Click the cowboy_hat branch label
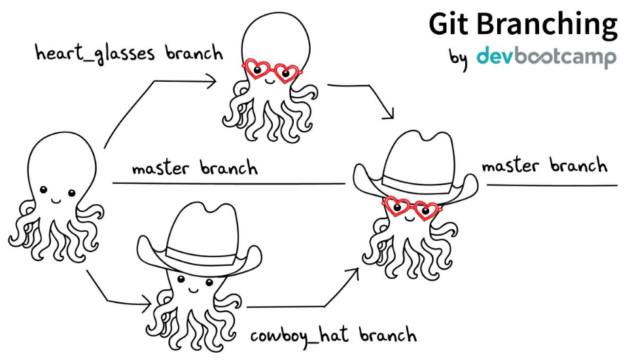333,336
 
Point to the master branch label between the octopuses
194,168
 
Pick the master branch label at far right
544,166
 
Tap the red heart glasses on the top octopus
270,71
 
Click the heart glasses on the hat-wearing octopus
410,208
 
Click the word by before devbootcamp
458,58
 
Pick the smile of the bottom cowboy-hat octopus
194,288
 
